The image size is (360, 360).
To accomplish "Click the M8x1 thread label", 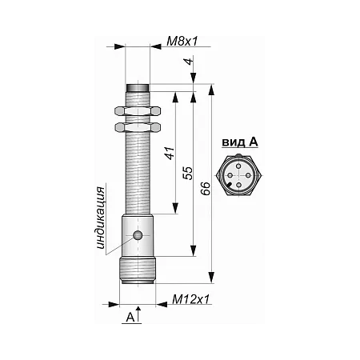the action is pyautogui.click(x=182, y=42).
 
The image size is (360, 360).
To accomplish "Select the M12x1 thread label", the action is pyautogui.click(x=191, y=299).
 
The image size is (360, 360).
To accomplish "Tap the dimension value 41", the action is pyautogui.click(x=170, y=153).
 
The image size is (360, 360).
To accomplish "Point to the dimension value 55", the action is pyautogui.click(x=187, y=173).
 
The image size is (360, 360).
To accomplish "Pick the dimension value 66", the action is pyautogui.click(x=206, y=189).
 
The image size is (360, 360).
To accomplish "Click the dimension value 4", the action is pyautogui.click(x=189, y=62).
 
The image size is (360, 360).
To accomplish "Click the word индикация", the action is pyautogui.click(x=101, y=218).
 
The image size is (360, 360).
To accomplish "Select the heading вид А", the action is pyautogui.click(x=240, y=142).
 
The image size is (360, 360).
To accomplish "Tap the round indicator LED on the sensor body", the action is pyautogui.click(x=138, y=235).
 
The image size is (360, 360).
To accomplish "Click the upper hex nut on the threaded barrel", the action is pyautogui.click(x=138, y=111).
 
